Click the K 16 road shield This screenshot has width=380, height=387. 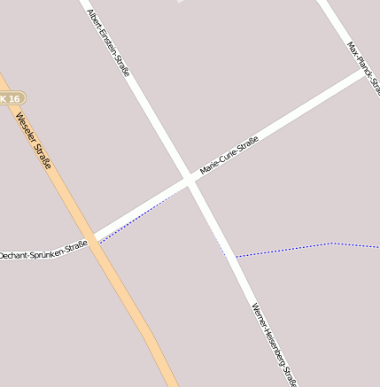[10, 98]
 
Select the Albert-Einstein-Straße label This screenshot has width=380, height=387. [109, 43]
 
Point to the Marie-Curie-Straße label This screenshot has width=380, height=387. [229, 155]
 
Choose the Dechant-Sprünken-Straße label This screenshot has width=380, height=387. [44, 249]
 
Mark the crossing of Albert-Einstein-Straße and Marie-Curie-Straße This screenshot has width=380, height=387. [190, 180]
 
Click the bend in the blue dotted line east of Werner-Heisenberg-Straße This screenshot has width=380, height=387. [333, 243]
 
